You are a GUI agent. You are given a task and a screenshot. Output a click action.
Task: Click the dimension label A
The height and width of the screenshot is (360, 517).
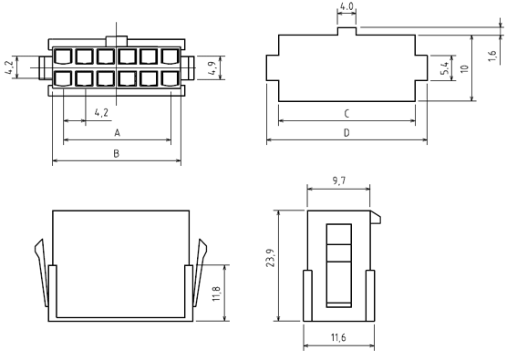(117, 133)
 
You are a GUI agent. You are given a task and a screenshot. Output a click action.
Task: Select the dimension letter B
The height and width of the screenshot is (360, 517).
(116, 154)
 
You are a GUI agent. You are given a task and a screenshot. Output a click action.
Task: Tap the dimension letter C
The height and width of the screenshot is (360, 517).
(346, 114)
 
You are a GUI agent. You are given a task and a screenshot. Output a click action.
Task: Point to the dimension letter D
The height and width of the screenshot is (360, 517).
(346, 133)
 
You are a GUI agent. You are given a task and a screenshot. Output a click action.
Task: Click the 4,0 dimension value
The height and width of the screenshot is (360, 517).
(346, 6)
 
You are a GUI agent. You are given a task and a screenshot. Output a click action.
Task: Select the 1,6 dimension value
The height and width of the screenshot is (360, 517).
(492, 56)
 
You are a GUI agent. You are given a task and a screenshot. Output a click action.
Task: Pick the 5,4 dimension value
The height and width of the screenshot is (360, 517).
(444, 68)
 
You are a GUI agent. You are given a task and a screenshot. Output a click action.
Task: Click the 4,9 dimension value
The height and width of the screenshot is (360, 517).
(212, 68)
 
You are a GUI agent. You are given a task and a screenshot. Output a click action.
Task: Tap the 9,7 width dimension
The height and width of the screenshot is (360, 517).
(339, 181)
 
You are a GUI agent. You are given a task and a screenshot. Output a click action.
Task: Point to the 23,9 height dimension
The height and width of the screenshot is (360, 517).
(271, 258)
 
